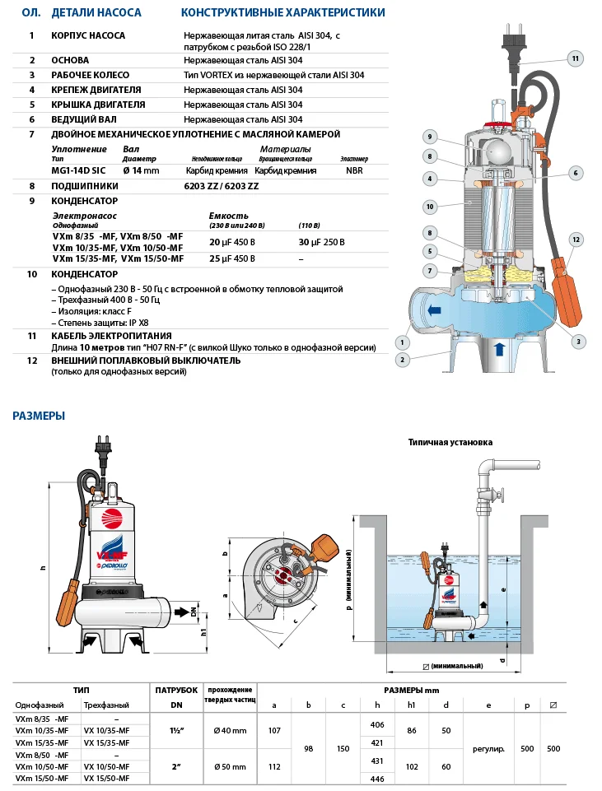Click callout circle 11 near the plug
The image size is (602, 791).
576,58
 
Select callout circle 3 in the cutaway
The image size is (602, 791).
578,341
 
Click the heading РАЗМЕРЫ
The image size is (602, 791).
39,416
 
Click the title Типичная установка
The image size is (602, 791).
450,442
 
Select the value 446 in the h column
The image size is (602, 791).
378,778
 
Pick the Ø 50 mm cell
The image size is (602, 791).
230,765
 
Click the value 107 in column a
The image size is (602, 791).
276,730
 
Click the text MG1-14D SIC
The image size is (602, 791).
78,170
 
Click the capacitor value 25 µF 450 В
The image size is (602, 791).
232,258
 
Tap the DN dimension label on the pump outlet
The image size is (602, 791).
194,612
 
